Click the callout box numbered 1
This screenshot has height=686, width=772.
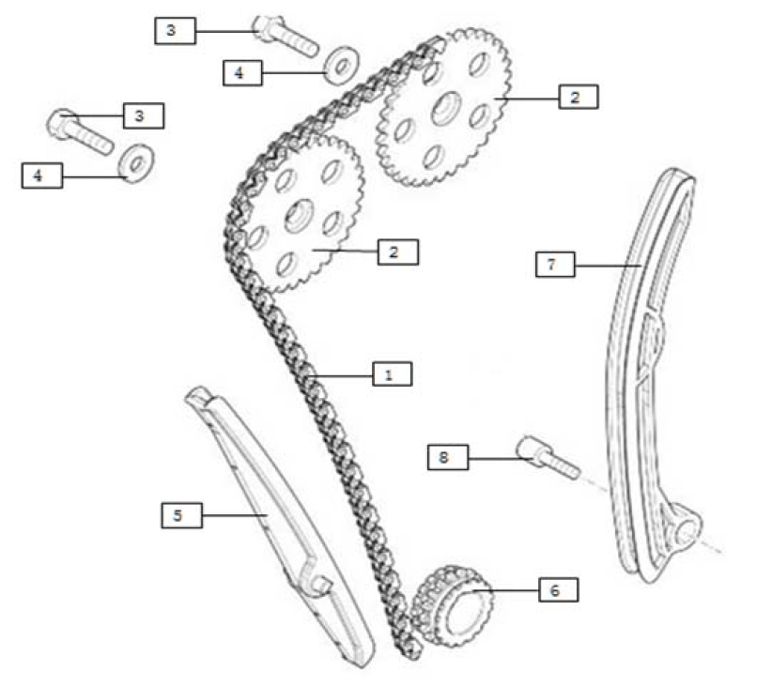(x=392, y=373)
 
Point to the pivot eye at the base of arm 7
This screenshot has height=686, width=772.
(x=688, y=532)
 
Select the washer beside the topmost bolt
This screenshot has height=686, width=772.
(x=338, y=66)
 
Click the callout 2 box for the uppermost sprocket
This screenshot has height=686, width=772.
(x=577, y=96)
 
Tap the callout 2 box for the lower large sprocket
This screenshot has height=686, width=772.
(x=397, y=252)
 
